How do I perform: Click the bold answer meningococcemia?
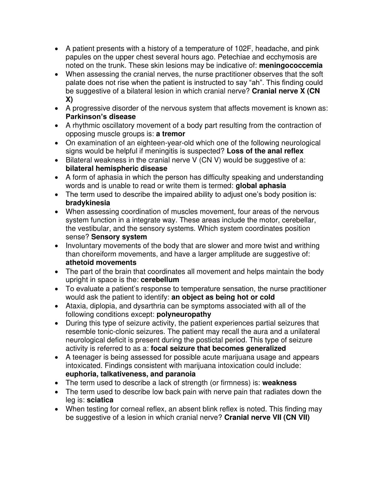click(x=291, y=66)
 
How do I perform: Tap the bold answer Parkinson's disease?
click(x=101, y=117)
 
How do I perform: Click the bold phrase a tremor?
click(x=171, y=134)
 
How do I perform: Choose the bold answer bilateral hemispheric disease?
click(x=116, y=169)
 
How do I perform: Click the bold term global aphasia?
click(x=261, y=186)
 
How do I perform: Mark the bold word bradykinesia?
click(x=88, y=203)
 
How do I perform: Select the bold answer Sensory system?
click(x=119, y=237)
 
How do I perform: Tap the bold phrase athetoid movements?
click(x=101, y=262)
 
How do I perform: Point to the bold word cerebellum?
click(x=160, y=280)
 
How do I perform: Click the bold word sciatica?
click(x=100, y=400)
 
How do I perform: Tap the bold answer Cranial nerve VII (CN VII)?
click(x=267, y=417)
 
